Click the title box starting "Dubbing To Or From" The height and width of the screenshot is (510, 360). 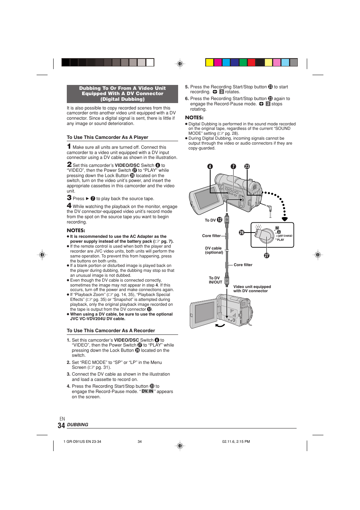pos(122,94)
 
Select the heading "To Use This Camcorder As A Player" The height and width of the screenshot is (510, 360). pos(108,137)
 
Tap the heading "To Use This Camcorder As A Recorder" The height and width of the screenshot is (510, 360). pos(111,331)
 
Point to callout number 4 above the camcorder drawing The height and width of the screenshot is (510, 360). pos(210,166)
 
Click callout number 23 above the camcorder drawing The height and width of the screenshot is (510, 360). pos(247,166)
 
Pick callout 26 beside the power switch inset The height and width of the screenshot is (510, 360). pos(242,233)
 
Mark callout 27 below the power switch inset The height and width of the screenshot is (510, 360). pos(267,256)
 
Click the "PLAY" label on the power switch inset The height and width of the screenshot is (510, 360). pos(281,240)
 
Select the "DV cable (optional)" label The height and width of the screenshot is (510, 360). pos(214,250)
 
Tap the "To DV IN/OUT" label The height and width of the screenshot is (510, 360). pos(215,280)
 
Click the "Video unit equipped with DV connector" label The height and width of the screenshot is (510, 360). pos(252,289)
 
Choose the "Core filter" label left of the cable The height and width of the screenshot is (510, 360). pos(211,236)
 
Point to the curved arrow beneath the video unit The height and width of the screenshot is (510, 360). pos(220,325)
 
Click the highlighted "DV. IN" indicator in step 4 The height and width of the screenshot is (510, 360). pos(148,391)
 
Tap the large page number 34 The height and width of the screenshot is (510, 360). pos(61,425)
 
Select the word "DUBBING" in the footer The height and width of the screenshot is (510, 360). pos(78,425)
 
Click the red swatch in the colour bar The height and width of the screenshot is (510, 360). pos(252,63)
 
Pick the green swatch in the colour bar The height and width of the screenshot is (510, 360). pos(243,63)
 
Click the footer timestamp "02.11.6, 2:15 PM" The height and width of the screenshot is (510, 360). pos(236,442)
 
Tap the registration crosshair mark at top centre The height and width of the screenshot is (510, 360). pos(180,64)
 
